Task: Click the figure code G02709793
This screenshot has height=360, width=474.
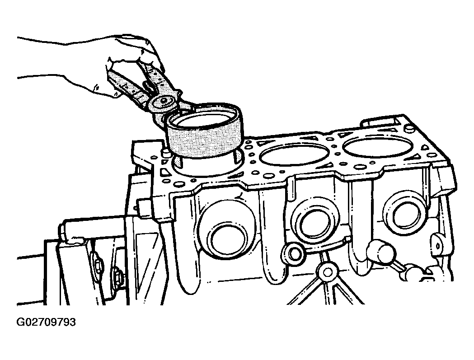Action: tap(46, 323)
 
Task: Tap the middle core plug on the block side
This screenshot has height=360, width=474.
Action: tap(315, 224)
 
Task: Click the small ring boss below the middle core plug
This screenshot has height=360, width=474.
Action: tap(294, 253)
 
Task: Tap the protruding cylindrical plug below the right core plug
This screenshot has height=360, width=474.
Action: tap(380, 251)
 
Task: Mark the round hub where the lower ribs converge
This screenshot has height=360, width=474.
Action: tap(328, 272)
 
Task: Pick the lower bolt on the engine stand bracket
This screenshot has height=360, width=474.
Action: tap(117, 276)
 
